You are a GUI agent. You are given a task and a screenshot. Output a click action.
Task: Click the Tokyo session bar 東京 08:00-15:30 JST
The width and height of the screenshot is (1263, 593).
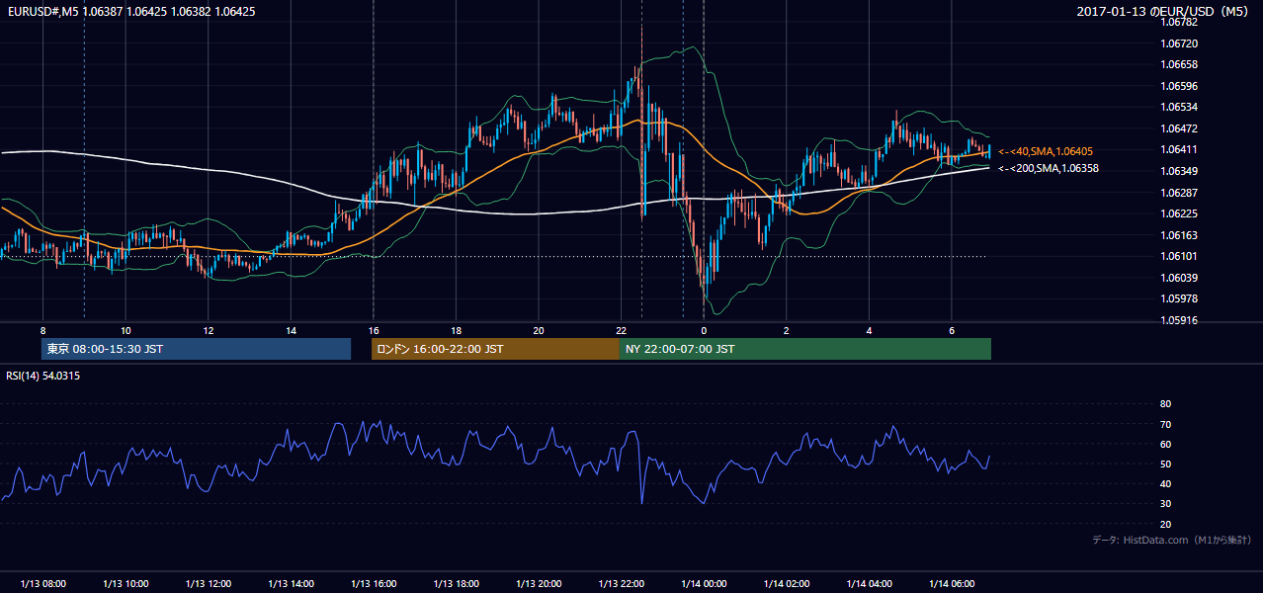(196, 349)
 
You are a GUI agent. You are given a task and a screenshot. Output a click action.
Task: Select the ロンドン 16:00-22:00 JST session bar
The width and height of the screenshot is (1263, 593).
(495, 349)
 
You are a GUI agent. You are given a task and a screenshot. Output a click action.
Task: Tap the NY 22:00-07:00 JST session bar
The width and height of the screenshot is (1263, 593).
(805, 349)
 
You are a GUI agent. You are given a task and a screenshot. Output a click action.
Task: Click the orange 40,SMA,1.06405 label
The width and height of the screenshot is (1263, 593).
(1046, 151)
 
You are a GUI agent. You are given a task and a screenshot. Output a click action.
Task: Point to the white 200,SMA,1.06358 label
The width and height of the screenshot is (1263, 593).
(1049, 168)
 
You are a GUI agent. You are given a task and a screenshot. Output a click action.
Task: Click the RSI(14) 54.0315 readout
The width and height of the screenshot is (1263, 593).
(42, 376)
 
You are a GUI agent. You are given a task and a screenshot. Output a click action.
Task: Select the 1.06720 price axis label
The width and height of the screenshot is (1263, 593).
(1179, 43)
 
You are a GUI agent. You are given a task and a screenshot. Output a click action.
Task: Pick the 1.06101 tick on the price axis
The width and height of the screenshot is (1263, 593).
(1179, 256)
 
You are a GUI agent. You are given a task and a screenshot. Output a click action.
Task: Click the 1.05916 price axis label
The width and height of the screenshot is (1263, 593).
(1179, 320)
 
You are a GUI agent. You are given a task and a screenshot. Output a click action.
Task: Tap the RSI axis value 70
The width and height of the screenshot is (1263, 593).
(1165, 424)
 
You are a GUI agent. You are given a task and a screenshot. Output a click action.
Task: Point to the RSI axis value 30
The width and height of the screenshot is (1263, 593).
(1165, 503)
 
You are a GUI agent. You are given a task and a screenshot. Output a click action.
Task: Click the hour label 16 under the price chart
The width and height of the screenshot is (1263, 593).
(374, 331)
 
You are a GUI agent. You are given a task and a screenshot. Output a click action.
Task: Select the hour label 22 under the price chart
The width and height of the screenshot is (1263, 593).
(621, 331)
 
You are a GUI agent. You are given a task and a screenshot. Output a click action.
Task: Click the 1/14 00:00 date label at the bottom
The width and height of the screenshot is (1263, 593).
(704, 583)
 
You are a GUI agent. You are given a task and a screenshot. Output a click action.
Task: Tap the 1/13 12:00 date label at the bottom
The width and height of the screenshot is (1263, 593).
(209, 583)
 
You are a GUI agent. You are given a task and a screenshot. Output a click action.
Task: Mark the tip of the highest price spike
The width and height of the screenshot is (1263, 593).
(641, 26)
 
